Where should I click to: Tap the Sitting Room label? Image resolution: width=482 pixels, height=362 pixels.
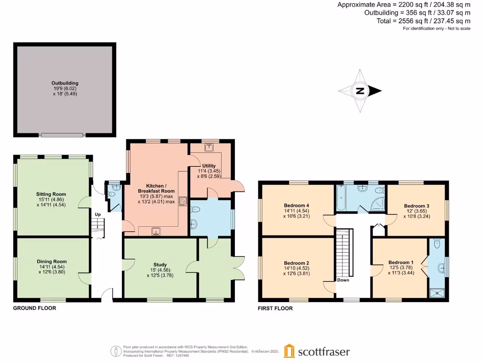[51, 194]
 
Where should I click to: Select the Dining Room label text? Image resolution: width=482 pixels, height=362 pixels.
[52, 262]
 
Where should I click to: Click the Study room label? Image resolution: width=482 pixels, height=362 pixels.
[160, 265]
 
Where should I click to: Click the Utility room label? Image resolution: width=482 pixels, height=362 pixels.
[209, 166]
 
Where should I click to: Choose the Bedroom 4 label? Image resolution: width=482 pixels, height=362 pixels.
[297, 206]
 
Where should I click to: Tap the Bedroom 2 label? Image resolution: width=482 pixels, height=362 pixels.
[297, 263]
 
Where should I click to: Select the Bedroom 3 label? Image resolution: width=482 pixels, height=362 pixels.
[417, 206]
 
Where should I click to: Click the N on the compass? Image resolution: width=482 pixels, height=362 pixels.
[360, 91]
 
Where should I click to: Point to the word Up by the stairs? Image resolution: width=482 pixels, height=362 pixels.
[98, 214]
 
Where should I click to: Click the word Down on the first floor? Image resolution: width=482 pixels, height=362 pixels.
[343, 280]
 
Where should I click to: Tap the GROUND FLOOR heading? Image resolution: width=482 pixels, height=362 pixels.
[34, 308]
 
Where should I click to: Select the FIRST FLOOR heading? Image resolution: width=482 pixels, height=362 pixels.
[275, 309]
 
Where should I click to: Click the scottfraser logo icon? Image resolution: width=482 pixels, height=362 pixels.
[289, 351]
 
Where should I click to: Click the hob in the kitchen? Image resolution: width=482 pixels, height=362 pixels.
[183, 200]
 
